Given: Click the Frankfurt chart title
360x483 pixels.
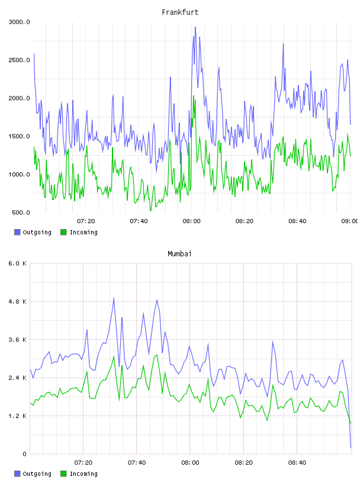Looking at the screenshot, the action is point(180,12).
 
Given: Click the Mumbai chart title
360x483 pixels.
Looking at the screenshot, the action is point(179,254).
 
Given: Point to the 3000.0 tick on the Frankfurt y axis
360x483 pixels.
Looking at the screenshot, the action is point(19,22).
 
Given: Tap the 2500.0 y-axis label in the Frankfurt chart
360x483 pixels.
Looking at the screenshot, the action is point(19,60).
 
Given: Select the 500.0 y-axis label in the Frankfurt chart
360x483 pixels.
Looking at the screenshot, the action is point(21,212).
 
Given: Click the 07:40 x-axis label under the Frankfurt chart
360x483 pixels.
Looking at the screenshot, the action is point(139,221).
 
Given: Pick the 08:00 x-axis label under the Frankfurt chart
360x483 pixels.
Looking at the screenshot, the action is point(191,221).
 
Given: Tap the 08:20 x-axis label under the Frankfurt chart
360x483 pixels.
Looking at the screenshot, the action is point(245,221).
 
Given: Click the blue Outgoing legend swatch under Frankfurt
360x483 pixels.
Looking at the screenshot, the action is point(17,232).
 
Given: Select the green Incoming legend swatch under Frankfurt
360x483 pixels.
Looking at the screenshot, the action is point(63,232).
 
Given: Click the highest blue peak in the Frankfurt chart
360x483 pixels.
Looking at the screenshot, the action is point(195,27).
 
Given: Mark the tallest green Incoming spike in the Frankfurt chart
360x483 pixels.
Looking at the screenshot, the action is point(194,96).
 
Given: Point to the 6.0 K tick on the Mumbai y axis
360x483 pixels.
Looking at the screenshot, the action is point(18,263).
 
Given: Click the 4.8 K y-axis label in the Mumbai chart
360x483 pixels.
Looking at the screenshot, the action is point(18,301).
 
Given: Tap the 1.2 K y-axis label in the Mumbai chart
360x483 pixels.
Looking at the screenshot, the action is point(18,416).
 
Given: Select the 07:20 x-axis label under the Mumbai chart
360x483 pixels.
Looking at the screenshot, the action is point(83,463).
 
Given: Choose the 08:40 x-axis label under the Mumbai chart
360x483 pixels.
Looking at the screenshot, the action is point(297,463).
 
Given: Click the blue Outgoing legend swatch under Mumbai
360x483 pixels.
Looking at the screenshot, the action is point(17,474).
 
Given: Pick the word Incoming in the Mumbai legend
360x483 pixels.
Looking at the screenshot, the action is point(83,474).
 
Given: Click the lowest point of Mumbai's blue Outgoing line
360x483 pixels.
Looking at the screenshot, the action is point(351,447).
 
